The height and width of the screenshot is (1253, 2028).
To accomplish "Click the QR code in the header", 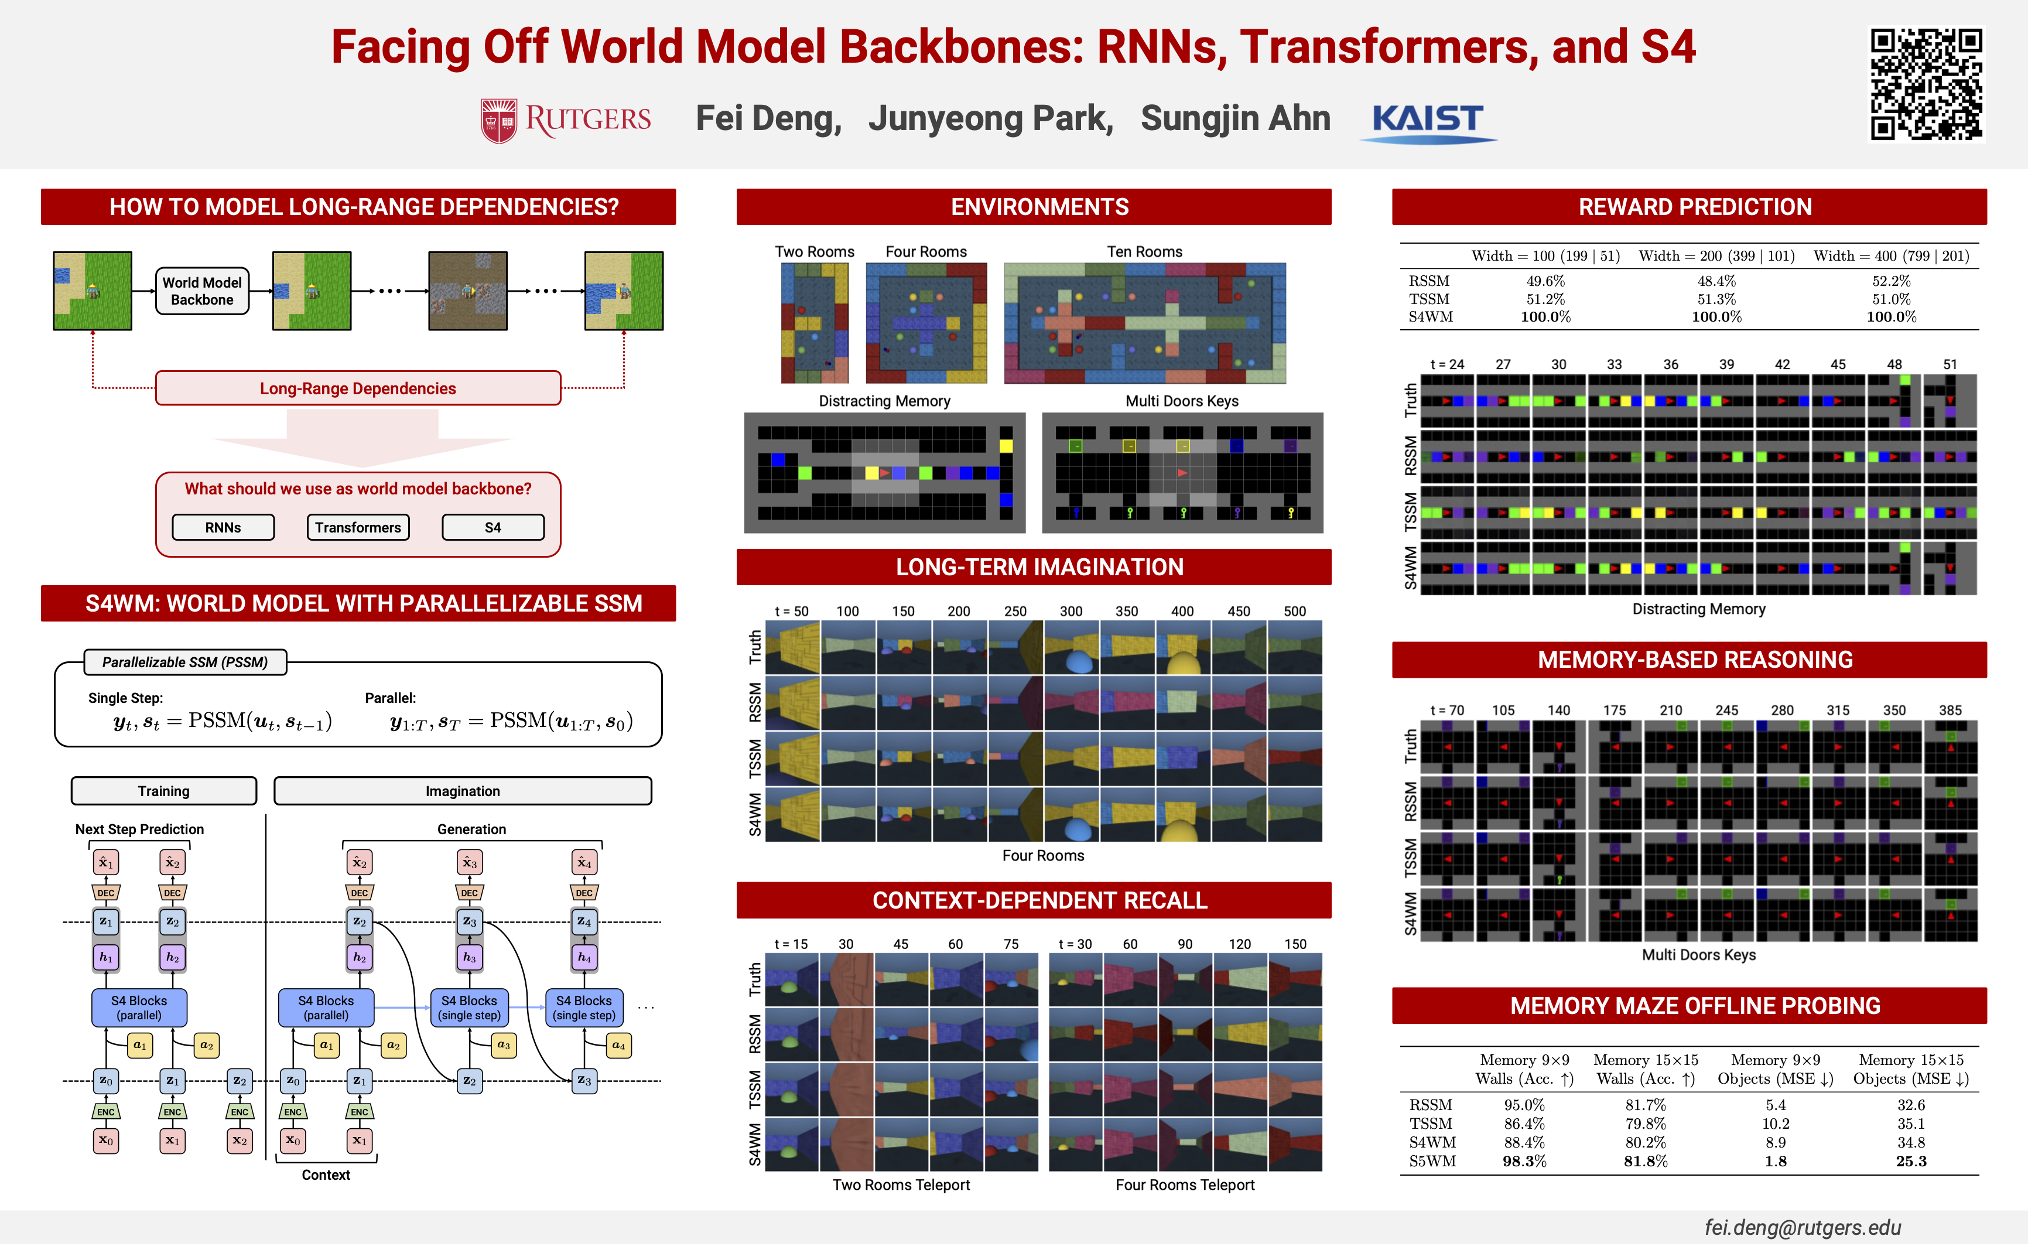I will pos(1926,84).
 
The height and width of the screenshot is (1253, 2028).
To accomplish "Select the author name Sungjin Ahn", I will pos(1234,118).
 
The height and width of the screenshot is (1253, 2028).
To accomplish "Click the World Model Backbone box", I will pos(202,291).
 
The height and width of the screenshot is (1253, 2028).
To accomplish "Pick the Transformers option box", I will pos(358,527).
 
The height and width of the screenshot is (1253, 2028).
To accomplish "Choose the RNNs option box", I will pos(223,527).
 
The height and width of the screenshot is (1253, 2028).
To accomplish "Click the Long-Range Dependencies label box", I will pos(358,388).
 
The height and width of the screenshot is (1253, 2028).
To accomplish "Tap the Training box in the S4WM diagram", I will pos(163,791).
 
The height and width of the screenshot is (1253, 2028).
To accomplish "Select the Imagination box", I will pos(462,791).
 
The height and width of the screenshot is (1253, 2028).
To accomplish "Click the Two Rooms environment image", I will pos(815,322).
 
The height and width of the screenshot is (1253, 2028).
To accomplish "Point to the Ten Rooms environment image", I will pos(1144,322).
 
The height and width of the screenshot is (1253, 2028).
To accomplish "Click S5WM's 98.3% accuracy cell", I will pos(1524,1161).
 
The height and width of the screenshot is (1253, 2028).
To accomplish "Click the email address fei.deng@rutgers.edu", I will pos(1802,1227).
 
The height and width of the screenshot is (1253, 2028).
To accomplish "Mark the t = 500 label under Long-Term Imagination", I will pos(1294,612).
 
